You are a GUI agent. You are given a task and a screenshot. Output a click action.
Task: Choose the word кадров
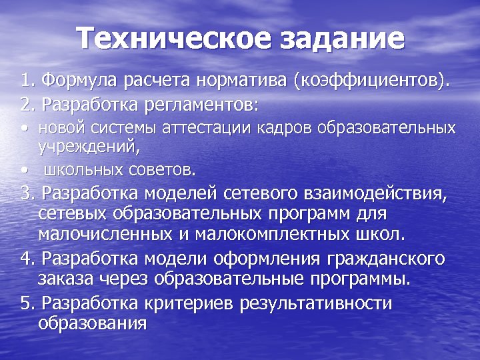(281, 128)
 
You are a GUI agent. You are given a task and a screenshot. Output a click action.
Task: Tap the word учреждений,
(77, 143)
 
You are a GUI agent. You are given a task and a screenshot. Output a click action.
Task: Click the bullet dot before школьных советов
(25, 171)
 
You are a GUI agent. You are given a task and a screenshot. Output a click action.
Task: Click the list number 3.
(26, 195)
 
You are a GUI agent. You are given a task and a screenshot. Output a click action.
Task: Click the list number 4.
(26, 259)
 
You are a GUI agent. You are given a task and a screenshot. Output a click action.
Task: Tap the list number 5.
(26, 304)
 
